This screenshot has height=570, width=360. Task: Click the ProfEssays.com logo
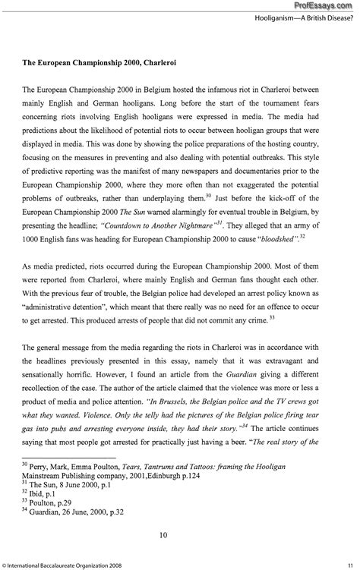click(327, 5)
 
